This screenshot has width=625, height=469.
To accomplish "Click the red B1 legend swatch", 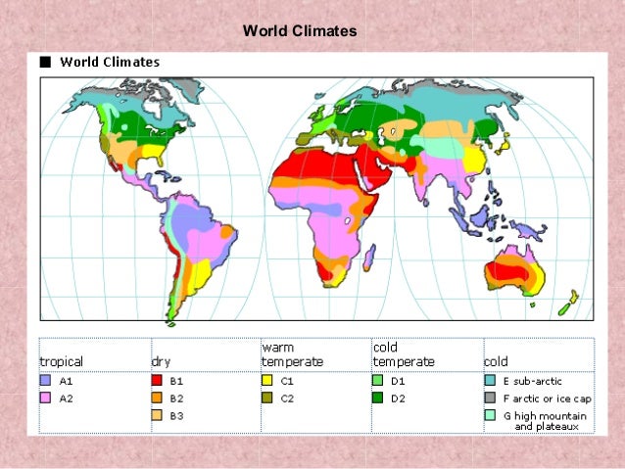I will [157, 381].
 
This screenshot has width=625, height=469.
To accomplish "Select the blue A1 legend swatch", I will [45, 381].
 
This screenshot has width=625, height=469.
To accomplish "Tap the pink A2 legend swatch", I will [45, 399].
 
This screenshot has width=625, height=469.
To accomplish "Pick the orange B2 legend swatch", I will [157, 399].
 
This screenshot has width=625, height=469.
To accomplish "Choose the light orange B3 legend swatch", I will [157, 416].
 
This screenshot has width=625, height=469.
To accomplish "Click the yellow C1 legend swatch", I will [267, 381].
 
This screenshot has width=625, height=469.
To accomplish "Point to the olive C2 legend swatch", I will [267, 399].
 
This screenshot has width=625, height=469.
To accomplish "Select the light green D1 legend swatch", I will [378, 381].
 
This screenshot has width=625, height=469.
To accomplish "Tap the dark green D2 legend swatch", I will [378, 399].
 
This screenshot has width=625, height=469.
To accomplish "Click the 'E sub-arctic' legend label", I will [533, 381].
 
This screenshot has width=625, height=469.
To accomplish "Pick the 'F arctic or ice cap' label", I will [547, 399].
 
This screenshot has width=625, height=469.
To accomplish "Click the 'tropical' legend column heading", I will [61, 361].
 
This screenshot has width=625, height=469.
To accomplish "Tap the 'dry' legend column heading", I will [161, 361].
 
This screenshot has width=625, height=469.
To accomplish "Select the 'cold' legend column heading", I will [496, 361].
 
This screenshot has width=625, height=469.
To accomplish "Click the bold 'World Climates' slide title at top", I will [300, 31].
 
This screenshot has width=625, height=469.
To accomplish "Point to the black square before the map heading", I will [44, 62].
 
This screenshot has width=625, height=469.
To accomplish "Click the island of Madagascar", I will [369, 257].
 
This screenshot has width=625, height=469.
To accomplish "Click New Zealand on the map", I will [566, 305].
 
